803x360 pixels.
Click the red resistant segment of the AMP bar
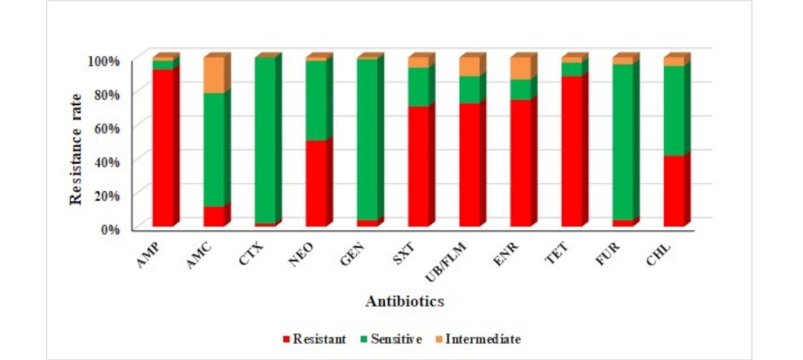coord(163,148)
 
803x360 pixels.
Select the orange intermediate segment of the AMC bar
coord(214,75)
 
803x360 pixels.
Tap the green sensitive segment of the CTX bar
coord(265,140)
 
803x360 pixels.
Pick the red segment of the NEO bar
coord(316,183)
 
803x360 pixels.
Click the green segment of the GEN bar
coord(367,139)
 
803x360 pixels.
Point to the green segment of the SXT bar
coord(418,87)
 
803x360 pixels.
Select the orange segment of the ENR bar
coord(521,68)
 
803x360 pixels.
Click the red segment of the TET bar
coord(572,151)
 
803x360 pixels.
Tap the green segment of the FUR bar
coord(623,142)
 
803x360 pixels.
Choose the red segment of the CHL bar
coord(674,191)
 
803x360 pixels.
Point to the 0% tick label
coord(110,229)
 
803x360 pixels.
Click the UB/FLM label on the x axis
coord(446,262)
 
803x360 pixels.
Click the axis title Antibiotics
coord(405,301)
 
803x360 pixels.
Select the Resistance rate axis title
coord(76,149)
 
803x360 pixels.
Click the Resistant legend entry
coord(314,339)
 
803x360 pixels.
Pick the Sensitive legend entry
coord(391,339)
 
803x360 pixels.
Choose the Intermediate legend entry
coord(478,339)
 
